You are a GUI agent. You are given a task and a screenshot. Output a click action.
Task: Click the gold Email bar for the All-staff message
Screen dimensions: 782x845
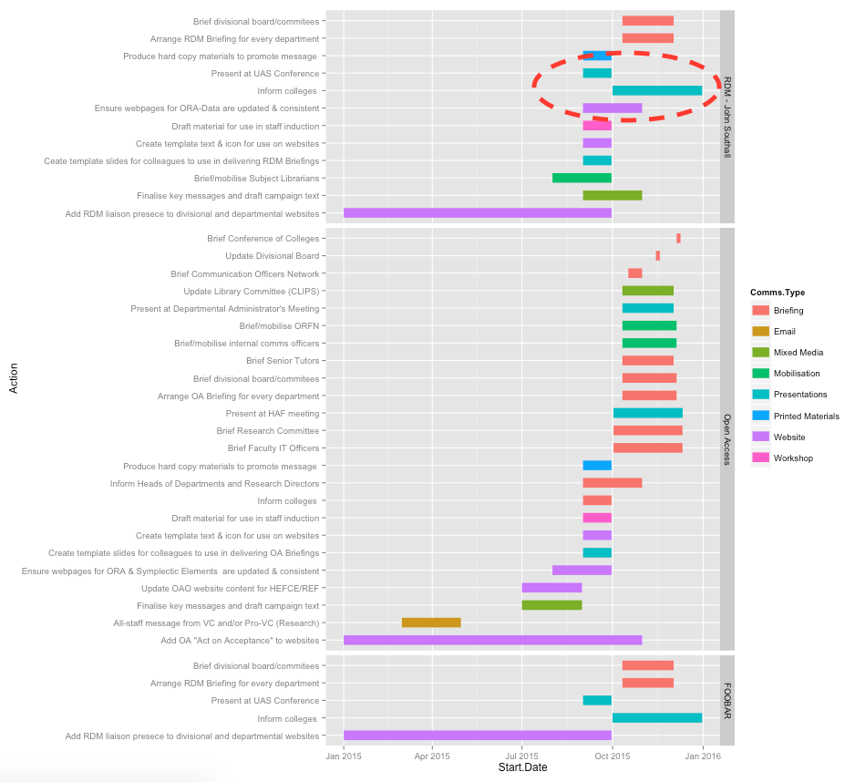[431, 623]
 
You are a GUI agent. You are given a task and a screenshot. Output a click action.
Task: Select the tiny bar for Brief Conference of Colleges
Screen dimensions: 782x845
[678, 238]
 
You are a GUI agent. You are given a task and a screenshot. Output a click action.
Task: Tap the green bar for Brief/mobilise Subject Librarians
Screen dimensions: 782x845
[582, 178]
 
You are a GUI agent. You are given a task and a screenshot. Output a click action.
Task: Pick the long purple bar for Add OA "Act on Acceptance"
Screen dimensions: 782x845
[492, 640]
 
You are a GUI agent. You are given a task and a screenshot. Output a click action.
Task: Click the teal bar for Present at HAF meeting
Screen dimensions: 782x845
[648, 413]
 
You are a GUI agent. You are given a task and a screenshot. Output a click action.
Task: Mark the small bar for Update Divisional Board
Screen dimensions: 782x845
[658, 256]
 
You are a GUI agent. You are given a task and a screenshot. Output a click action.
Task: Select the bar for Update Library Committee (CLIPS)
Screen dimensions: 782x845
[648, 291]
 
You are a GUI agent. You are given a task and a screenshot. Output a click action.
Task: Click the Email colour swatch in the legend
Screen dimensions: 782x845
[760, 332]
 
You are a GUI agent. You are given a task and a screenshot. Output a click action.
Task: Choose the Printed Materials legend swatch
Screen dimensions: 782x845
[760, 416]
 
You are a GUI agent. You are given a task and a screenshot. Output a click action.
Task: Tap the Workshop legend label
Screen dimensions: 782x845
[793, 458]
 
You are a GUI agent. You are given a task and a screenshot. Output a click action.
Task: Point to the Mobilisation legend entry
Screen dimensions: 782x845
[796, 374]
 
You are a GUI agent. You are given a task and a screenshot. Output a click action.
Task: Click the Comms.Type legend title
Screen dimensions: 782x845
[777, 293]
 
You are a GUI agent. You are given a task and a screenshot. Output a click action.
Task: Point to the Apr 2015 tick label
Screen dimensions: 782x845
[432, 756]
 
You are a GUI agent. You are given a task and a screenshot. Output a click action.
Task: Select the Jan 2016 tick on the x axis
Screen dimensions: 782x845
[702, 756]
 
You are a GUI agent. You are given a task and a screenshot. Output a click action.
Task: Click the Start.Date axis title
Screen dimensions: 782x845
[522, 769]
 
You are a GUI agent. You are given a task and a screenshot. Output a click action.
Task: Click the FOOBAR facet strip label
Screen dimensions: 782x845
[727, 700]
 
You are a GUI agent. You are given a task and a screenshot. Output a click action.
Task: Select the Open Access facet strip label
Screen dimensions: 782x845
[727, 439]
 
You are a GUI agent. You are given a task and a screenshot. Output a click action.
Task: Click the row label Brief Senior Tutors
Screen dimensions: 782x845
[283, 361]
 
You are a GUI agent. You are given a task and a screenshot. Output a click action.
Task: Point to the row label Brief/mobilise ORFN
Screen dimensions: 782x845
[279, 325]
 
